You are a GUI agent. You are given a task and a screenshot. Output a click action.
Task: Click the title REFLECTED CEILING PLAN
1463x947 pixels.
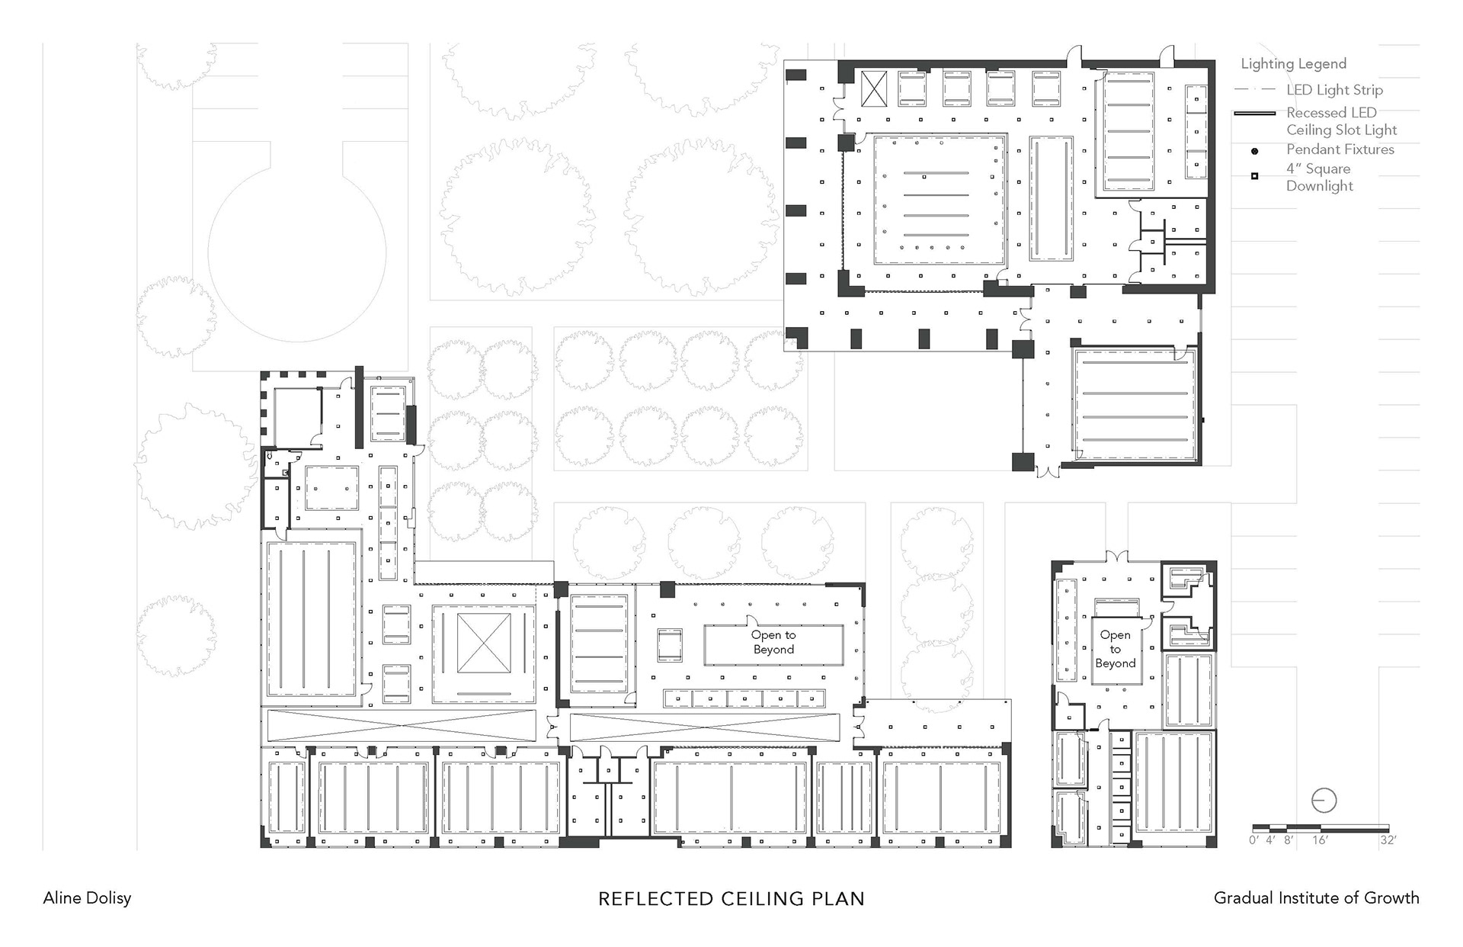(731, 899)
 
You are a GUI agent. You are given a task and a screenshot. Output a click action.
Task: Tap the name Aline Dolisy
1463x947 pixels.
(87, 898)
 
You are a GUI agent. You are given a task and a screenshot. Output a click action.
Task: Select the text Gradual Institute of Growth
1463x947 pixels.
(1317, 898)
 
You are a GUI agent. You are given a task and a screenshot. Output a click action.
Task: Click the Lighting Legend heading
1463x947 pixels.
(1294, 64)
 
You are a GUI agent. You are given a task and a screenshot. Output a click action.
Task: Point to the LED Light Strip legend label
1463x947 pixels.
(1335, 90)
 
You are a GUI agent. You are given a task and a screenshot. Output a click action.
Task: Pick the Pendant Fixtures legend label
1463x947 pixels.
(1340, 149)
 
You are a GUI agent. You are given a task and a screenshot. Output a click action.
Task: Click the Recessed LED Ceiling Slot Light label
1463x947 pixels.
(1342, 121)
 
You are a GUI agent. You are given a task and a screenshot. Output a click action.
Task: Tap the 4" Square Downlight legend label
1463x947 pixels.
(1320, 177)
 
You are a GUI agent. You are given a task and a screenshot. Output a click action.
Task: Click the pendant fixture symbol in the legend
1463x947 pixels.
(1255, 151)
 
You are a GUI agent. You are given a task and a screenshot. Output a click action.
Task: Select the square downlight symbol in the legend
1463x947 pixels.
(1255, 177)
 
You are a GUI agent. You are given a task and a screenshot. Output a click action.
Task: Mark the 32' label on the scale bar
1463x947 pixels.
(1388, 840)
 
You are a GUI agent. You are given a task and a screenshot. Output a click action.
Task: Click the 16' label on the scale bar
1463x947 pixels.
(1320, 840)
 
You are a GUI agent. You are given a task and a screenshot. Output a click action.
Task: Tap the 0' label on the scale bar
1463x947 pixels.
(1253, 840)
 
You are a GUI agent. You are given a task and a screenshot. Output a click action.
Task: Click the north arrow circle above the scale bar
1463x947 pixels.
(1324, 801)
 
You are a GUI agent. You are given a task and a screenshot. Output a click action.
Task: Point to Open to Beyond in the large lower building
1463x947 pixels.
(773, 642)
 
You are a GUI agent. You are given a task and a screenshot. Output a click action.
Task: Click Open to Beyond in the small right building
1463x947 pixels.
(1116, 649)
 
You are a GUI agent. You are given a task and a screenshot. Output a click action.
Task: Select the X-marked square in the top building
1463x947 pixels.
(875, 89)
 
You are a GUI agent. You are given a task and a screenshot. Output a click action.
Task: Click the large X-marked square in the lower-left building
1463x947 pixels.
(484, 644)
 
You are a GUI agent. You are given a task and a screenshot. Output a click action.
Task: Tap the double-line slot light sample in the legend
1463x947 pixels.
(1254, 114)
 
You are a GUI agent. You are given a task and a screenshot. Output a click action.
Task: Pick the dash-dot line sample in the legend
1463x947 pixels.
(1254, 90)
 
